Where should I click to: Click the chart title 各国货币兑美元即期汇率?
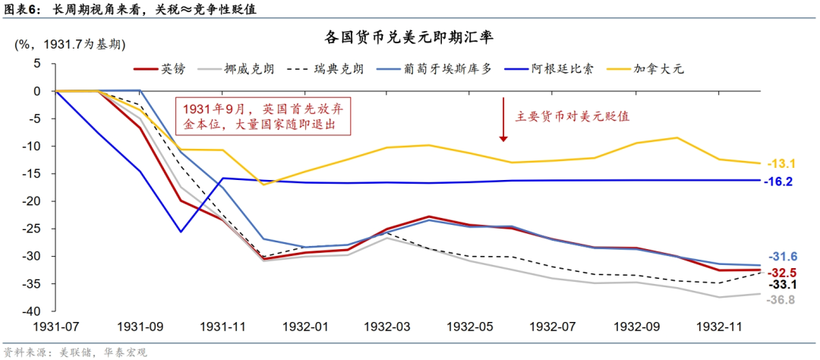[410, 37]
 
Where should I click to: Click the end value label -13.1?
[781, 163]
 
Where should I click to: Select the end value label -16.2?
[781, 182]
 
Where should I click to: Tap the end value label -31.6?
[781, 257]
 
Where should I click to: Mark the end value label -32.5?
[781, 272]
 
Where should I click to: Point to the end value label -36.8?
[781, 300]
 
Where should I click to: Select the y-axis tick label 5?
[36, 64]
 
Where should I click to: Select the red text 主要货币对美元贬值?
[573, 116]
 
